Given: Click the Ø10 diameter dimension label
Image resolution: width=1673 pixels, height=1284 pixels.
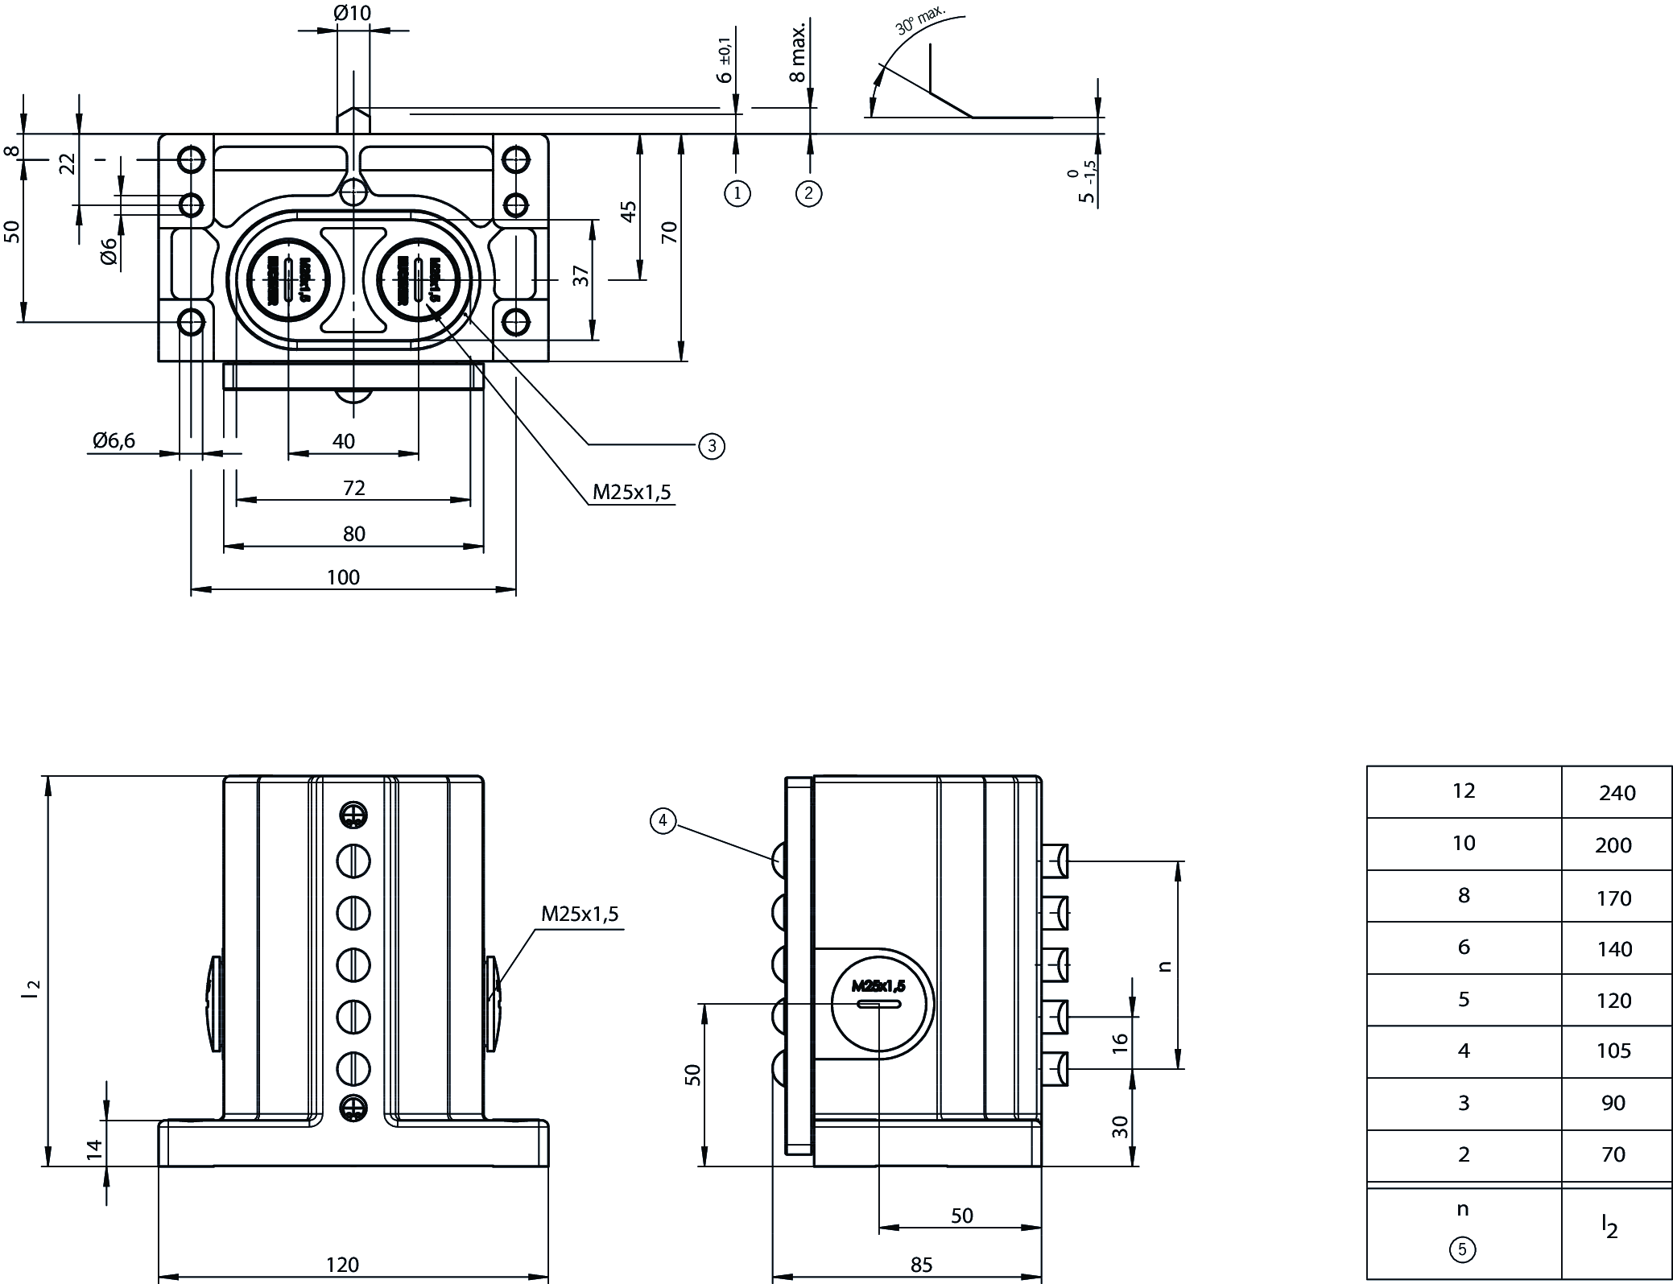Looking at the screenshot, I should [351, 13].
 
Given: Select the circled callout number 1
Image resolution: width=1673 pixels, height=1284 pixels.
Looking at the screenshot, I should [737, 193].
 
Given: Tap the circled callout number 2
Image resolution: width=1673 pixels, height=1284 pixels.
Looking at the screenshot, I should [809, 193].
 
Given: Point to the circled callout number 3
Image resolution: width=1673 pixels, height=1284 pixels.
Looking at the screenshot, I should [712, 446].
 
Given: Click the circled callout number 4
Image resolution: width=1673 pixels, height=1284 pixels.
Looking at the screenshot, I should [663, 821].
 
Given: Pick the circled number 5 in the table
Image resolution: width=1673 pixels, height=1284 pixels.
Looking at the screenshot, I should [1463, 1250].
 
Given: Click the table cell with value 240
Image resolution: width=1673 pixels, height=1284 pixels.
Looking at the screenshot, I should [1617, 793].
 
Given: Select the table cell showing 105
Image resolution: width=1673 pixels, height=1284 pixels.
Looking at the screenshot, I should [1613, 1051].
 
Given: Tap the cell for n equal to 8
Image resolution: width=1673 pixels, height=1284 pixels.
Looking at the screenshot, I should [1464, 895].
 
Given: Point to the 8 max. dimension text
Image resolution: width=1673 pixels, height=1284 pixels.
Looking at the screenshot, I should [797, 53].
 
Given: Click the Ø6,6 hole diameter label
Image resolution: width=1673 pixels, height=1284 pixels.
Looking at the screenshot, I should [114, 440].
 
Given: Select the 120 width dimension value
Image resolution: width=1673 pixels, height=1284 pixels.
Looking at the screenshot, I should [342, 1265].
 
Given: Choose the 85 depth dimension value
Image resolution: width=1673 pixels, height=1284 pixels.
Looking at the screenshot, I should [921, 1265].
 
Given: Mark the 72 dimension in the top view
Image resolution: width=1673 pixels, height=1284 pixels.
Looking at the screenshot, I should [354, 488].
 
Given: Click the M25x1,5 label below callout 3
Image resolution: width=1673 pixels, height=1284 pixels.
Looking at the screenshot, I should [632, 492].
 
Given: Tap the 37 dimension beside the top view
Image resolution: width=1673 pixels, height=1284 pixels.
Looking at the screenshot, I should [582, 275].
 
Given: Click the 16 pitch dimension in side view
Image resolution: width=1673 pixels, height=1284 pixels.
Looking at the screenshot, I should [1120, 1043].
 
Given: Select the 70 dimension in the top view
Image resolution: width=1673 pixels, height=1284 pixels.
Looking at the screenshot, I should [670, 233].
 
